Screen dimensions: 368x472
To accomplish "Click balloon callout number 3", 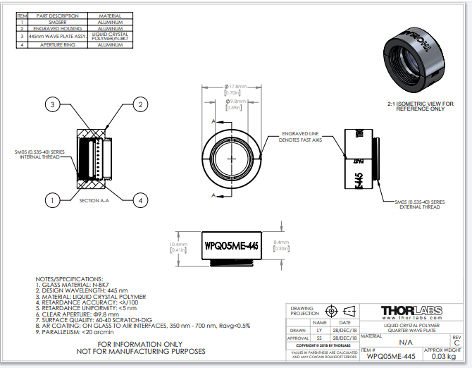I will point(51,105).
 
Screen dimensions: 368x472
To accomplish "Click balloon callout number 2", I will point(140,105).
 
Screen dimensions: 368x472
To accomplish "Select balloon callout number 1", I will point(51,200).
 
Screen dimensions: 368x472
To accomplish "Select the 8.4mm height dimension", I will point(281,243).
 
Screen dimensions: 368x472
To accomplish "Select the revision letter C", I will point(457,343).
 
